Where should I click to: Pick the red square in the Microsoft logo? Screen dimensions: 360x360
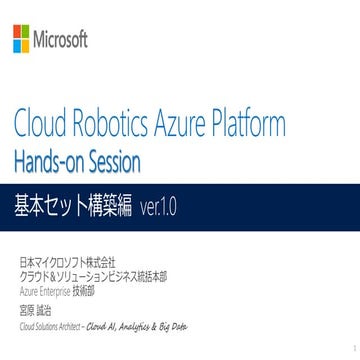[x=16, y=36]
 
